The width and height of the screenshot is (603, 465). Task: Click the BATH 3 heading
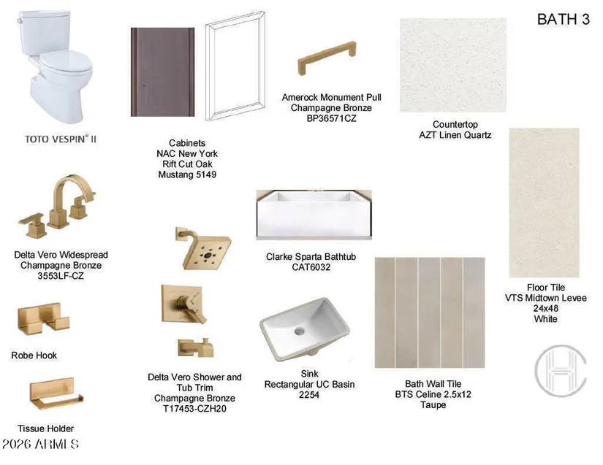tap(563, 19)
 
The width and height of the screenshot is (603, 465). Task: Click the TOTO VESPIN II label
tap(61, 139)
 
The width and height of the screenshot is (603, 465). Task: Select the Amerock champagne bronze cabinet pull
tap(327, 57)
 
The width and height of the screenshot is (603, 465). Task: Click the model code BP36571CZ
tap(331, 118)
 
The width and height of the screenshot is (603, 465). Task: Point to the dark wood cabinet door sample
tap(163, 72)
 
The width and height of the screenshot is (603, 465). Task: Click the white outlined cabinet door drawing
tap(235, 66)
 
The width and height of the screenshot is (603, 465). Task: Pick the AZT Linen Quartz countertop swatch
tap(453, 65)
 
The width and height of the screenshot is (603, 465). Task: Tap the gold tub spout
tap(196, 347)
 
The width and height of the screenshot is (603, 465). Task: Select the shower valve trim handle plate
tap(182, 304)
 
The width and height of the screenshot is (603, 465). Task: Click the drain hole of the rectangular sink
tap(299, 331)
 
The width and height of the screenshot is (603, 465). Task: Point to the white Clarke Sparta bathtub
tap(314, 215)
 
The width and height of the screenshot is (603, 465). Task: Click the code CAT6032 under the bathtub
tap(311, 267)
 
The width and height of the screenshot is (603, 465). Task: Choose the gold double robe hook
tap(43, 319)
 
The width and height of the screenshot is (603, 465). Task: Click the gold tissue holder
tap(56, 393)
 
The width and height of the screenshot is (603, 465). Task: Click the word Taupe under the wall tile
tap(433, 404)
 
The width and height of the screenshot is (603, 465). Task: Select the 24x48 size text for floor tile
tap(545, 308)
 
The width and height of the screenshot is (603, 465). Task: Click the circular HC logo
tap(561, 371)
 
